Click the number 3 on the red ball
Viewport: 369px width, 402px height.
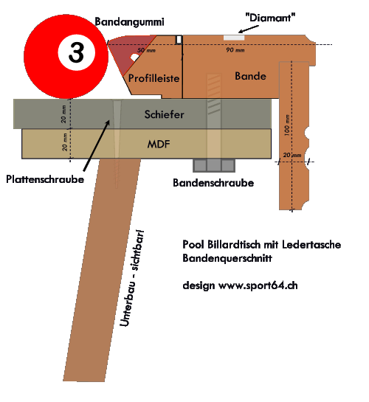click(x=76, y=52)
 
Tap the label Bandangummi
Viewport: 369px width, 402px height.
click(x=129, y=22)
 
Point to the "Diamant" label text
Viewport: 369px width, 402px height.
click(x=270, y=18)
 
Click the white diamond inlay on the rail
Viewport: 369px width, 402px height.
click(x=234, y=38)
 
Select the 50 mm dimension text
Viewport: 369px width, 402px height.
click(x=146, y=50)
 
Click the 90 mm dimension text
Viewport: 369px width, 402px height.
click(x=235, y=49)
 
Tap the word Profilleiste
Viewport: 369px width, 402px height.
click(x=154, y=78)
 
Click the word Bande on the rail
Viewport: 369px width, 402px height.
click(x=250, y=76)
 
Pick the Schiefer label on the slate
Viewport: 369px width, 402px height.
click(x=164, y=114)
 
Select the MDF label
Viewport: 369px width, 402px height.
click(x=159, y=145)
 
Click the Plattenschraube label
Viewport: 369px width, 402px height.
click(x=45, y=179)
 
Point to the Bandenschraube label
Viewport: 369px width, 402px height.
click(x=213, y=183)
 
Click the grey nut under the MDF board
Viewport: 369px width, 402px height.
click(x=214, y=165)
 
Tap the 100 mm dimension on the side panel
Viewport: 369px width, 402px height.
click(x=287, y=125)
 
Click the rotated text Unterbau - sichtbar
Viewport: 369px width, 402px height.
click(x=132, y=278)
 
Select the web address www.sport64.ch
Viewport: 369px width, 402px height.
click(x=258, y=285)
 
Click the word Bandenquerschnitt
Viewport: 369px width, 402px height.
click(x=227, y=258)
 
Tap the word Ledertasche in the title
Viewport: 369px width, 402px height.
click(x=311, y=244)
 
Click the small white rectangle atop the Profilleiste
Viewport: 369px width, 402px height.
click(x=179, y=40)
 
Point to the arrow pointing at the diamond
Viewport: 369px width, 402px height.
click(x=248, y=29)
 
